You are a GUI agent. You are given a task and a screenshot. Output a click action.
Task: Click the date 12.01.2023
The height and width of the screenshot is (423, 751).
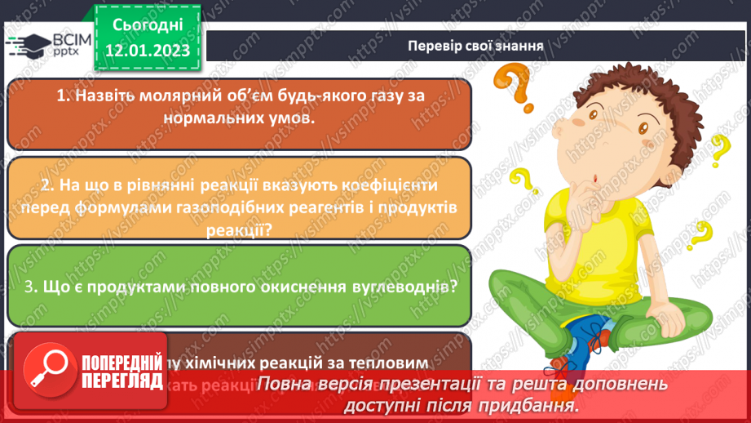click(148, 51)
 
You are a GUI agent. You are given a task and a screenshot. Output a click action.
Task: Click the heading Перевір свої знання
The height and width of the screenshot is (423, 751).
click(476, 45)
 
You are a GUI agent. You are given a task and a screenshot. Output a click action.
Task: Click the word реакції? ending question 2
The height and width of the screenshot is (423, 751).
click(239, 231)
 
